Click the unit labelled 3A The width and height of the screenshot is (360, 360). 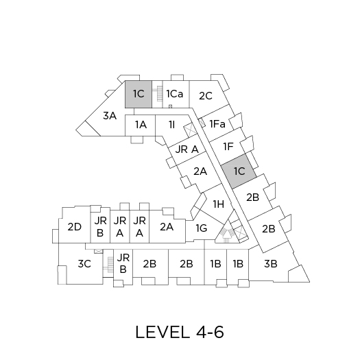click(x=110, y=116)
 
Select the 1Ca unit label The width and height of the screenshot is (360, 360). click(x=175, y=94)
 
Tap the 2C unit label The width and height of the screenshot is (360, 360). click(x=206, y=96)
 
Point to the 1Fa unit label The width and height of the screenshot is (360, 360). click(x=217, y=124)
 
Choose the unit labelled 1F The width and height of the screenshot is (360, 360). click(x=228, y=147)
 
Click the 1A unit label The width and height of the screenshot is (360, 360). click(x=141, y=125)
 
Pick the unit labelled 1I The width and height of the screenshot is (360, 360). click(x=172, y=125)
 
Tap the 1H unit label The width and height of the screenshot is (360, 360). click(x=219, y=204)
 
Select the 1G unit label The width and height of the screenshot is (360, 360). click(x=202, y=228)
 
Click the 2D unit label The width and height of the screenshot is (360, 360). click(x=75, y=227)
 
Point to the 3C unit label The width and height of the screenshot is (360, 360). click(x=84, y=264)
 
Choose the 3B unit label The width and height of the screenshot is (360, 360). click(x=271, y=264)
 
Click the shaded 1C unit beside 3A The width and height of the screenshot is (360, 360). click(x=139, y=94)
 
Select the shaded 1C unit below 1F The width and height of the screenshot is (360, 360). click(x=239, y=171)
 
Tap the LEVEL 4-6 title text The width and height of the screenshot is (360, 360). click(x=180, y=332)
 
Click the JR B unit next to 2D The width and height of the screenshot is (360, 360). click(x=100, y=227)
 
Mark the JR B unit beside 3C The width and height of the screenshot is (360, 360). click(x=123, y=263)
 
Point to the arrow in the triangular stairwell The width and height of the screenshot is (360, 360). click(x=227, y=235)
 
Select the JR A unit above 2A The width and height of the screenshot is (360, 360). click(x=187, y=149)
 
